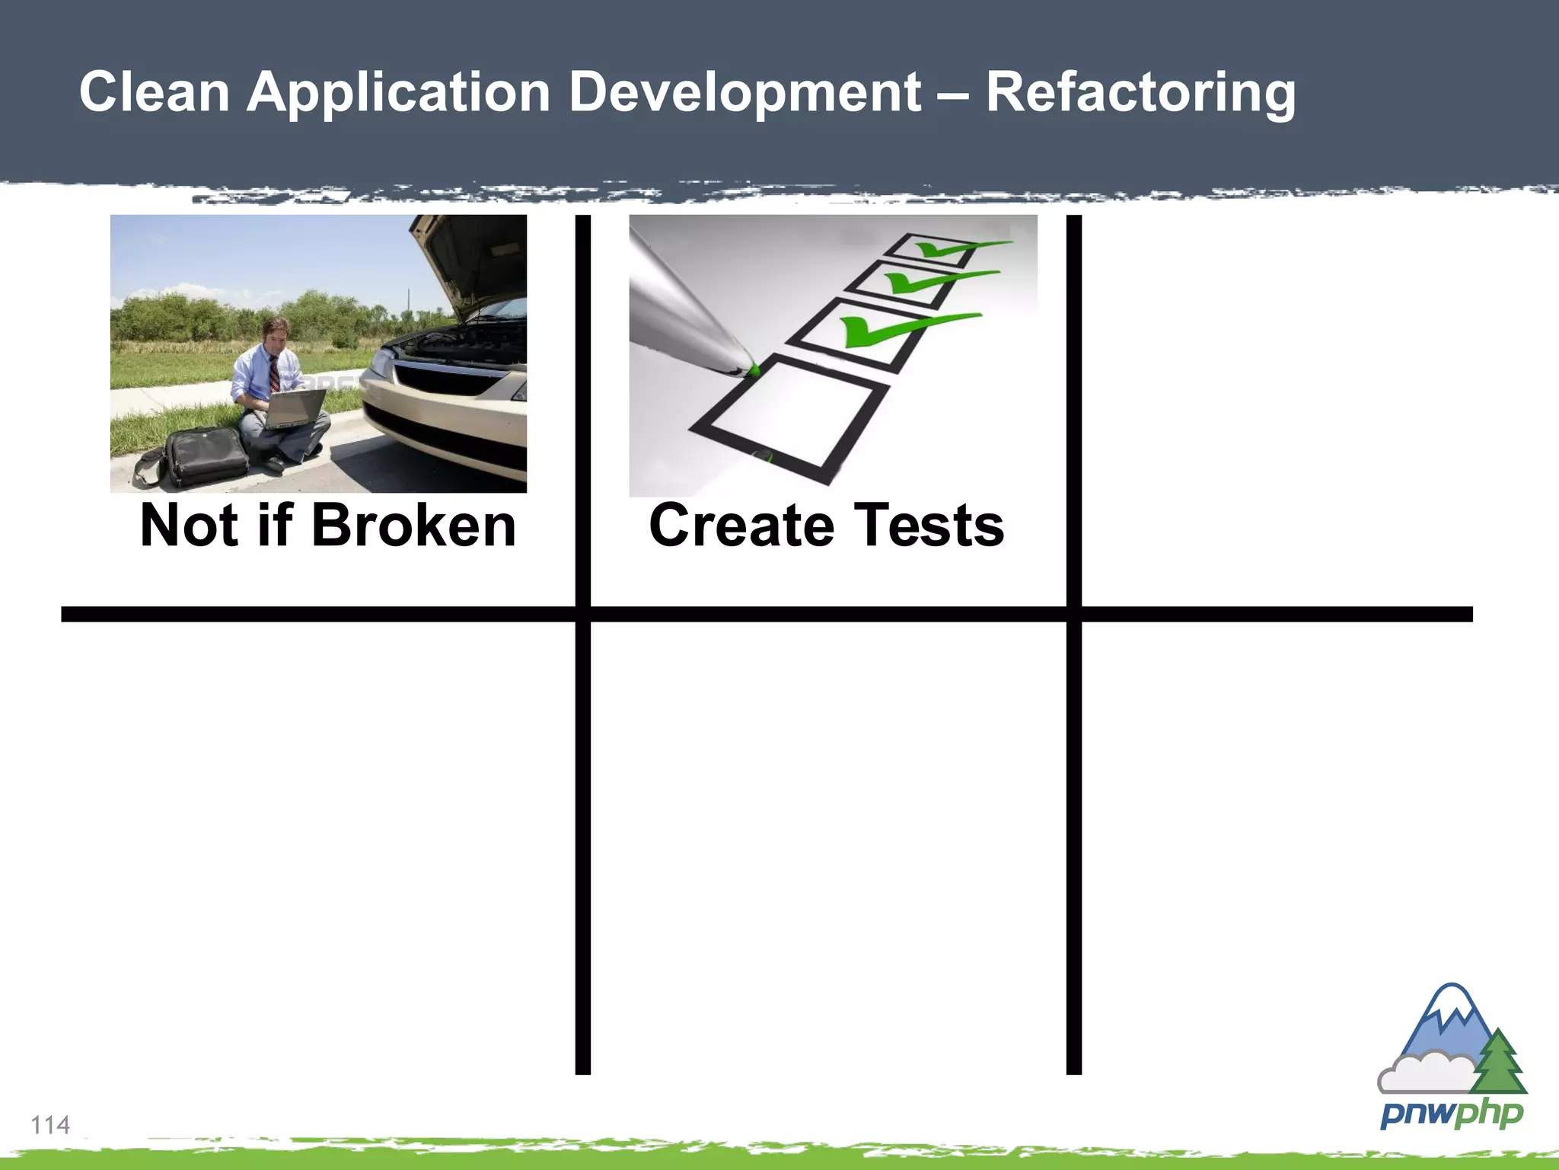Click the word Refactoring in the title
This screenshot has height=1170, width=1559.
[1140, 93]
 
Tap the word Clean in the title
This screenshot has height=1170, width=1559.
[155, 93]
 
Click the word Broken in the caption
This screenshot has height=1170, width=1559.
[413, 526]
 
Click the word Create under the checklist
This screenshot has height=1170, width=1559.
[741, 526]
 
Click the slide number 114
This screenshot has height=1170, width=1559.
[50, 1124]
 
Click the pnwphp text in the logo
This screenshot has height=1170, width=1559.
[1451, 1114]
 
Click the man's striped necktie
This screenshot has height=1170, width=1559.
[274, 373]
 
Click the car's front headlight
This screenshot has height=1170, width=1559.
[381, 364]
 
